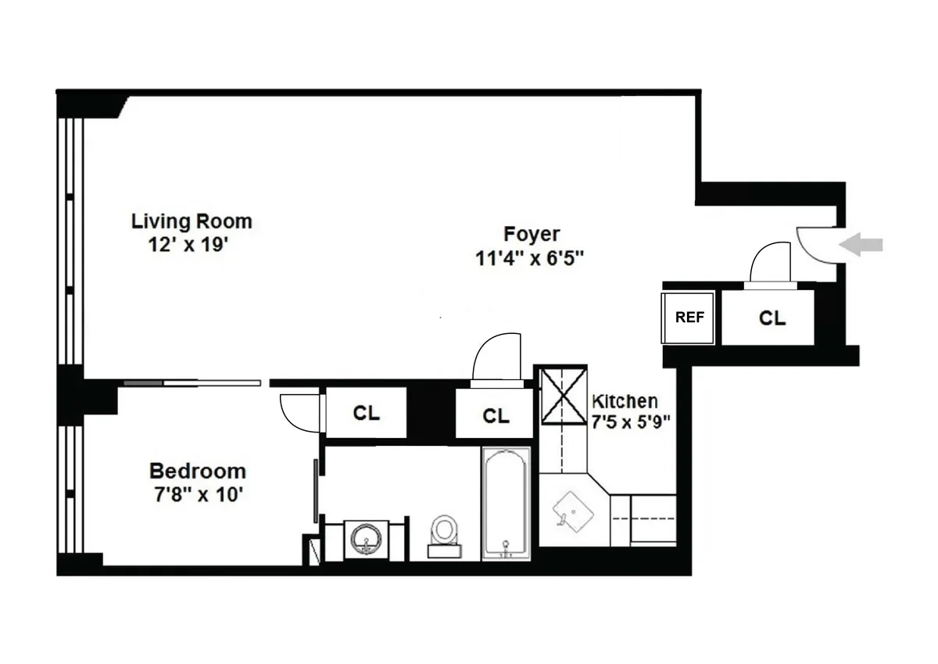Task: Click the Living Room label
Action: (192, 221)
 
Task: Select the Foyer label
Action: (532, 234)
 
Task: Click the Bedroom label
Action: (197, 472)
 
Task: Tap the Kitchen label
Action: (624, 401)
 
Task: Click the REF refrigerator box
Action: (689, 318)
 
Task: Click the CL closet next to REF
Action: (772, 318)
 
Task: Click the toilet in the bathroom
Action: (445, 533)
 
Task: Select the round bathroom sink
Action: (366, 538)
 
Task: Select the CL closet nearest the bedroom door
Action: (365, 414)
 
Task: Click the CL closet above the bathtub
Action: (495, 415)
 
